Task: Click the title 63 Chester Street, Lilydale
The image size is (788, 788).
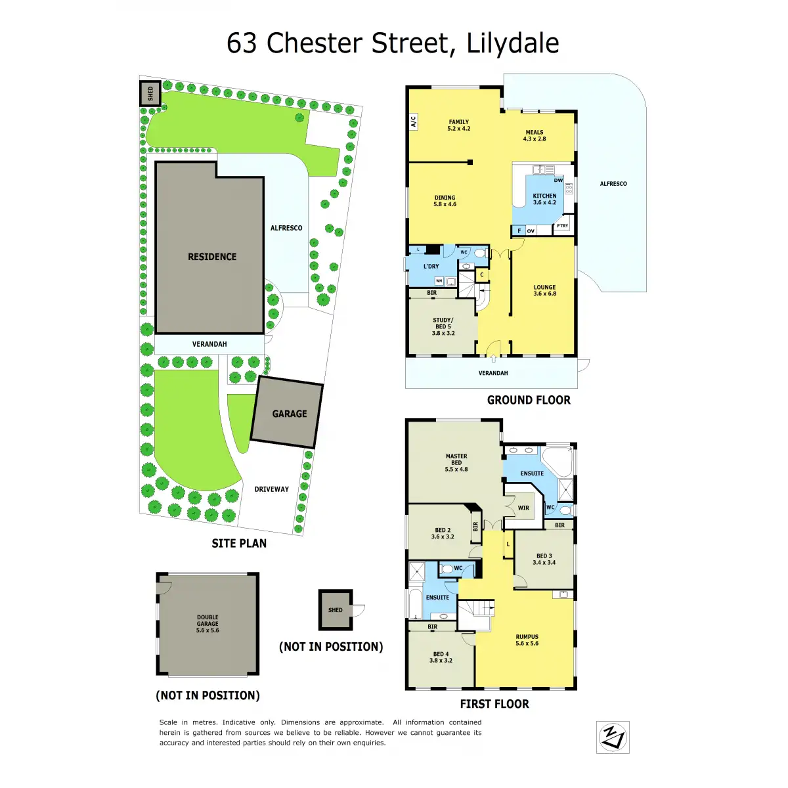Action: tap(393, 43)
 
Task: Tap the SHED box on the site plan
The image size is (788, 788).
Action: tap(150, 93)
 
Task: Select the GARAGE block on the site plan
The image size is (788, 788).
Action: tap(288, 413)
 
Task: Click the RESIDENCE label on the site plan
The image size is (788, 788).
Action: tap(212, 257)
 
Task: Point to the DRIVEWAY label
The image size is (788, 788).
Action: tap(272, 489)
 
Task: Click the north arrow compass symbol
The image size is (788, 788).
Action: tap(613, 736)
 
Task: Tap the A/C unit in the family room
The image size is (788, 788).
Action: tap(414, 121)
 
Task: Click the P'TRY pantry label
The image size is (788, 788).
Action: tap(562, 226)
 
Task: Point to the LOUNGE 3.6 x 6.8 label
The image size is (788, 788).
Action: tap(544, 290)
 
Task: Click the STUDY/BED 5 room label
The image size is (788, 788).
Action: tap(443, 326)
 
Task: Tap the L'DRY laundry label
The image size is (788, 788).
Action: tap(431, 266)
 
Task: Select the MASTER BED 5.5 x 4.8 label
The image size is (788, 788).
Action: tap(456, 462)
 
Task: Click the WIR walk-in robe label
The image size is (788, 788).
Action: tap(523, 508)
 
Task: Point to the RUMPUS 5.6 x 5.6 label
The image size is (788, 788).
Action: tap(527, 640)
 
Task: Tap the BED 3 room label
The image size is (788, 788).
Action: tap(544, 559)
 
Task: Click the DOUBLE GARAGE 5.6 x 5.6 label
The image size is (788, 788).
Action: tap(208, 624)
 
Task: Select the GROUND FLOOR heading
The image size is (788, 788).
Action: tap(529, 400)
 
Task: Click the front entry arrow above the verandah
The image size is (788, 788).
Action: tap(493, 359)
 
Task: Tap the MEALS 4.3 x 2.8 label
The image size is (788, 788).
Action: tap(535, 135)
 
